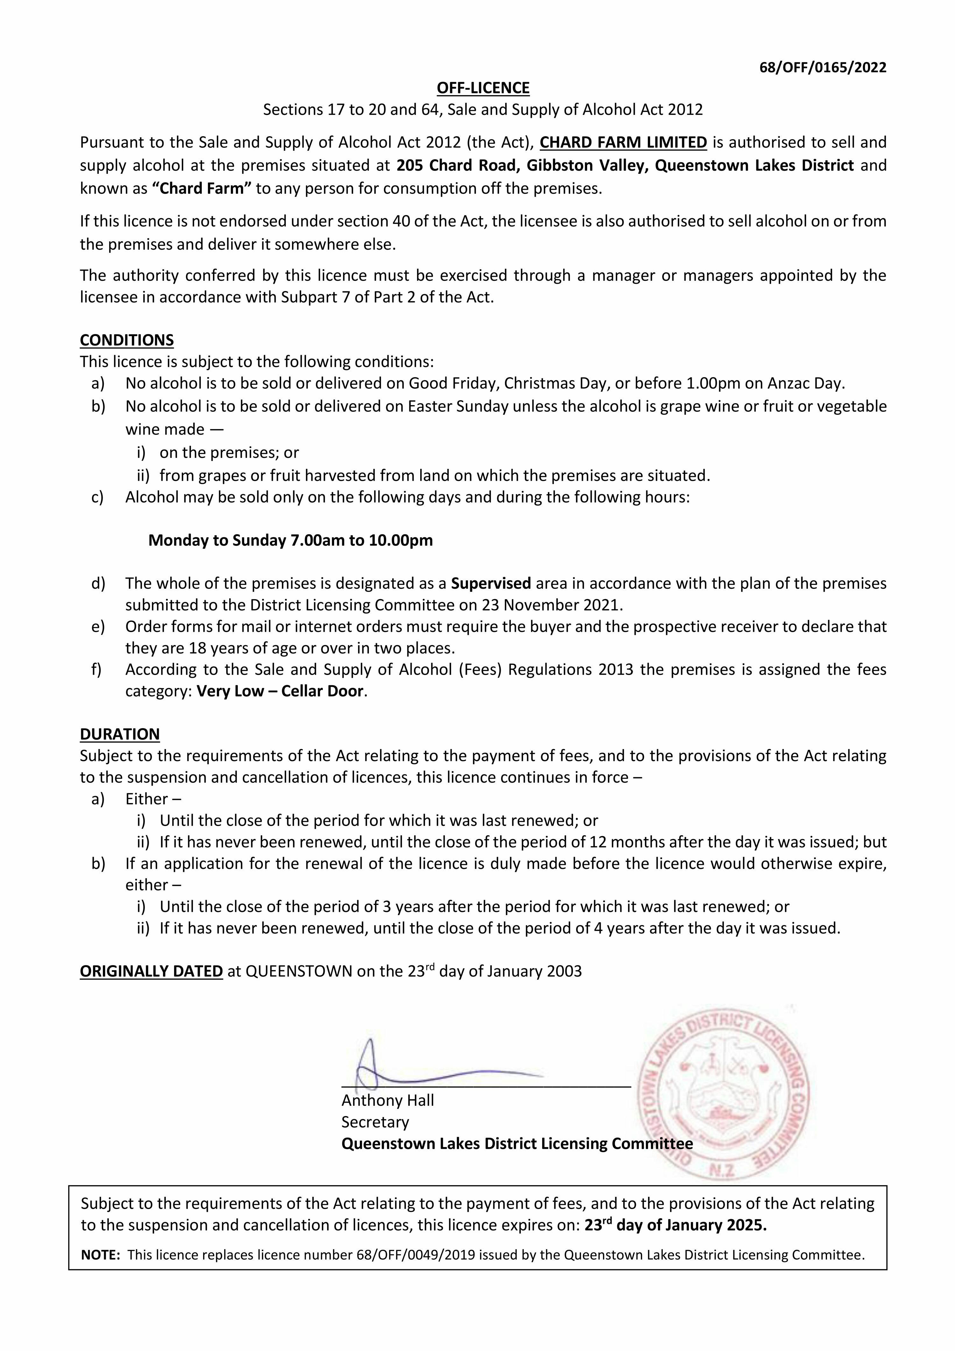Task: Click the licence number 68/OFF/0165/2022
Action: pos(823,67)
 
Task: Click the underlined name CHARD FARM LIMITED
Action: pos(623,142)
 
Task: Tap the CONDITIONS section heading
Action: pos(126,340)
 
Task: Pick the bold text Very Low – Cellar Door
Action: pos(280,691)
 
